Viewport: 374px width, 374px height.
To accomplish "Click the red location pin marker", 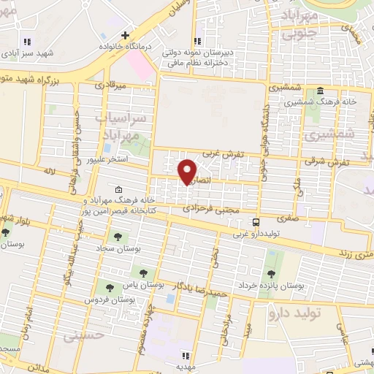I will point(188,172).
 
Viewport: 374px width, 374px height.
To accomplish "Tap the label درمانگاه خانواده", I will point(126,45).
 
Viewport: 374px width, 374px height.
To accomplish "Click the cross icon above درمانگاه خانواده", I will point(126,34).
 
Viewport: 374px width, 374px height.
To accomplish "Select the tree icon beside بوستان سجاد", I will point(116,236).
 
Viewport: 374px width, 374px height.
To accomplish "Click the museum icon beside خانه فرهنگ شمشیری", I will point(320,92).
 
